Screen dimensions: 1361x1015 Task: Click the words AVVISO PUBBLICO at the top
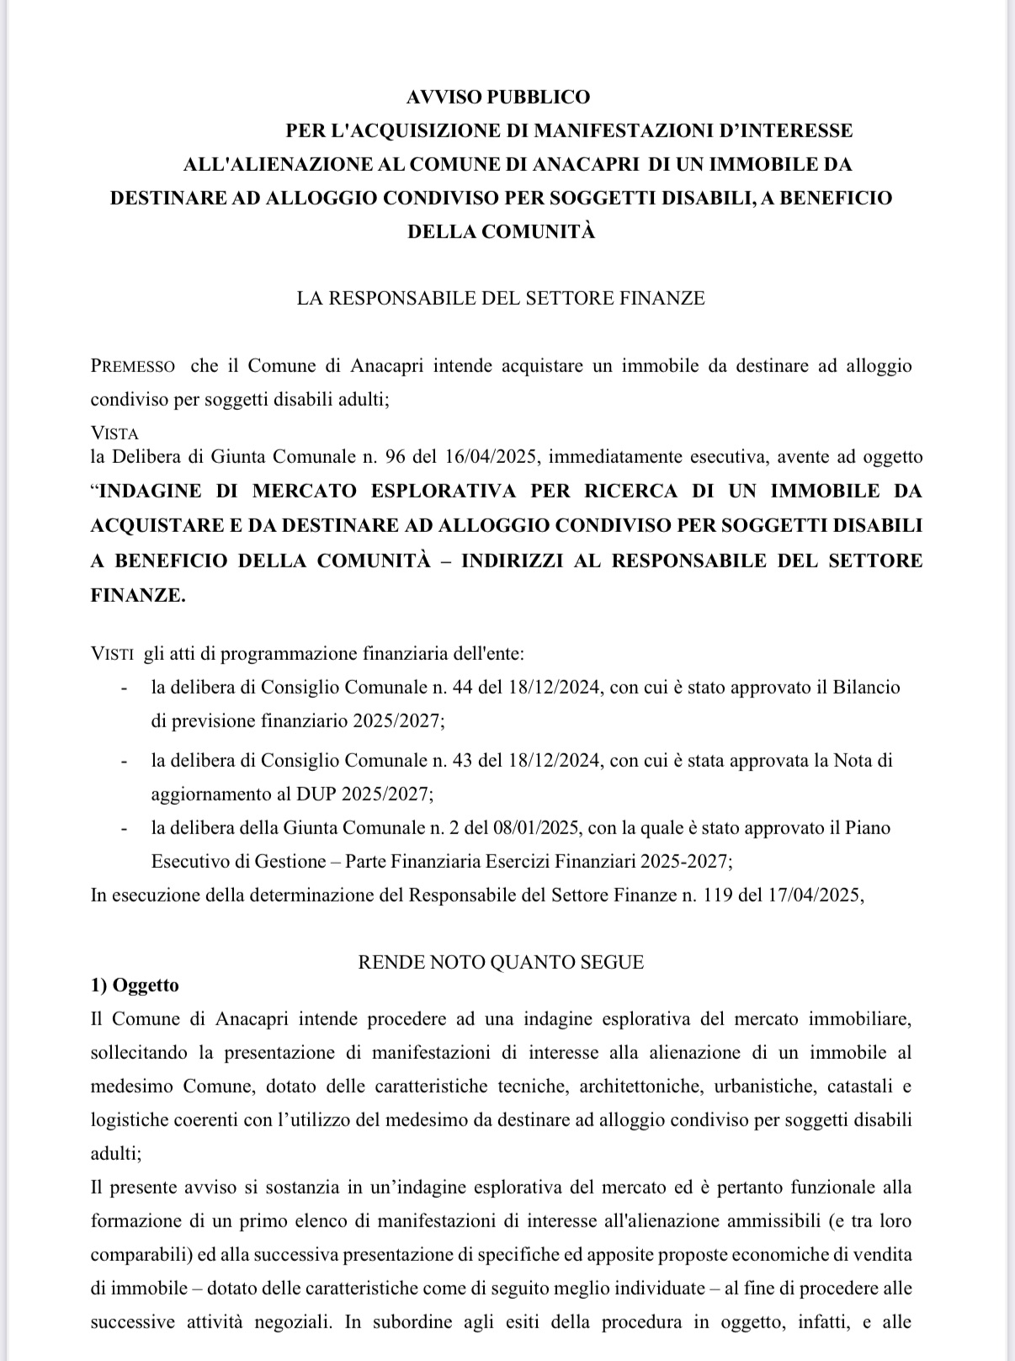(x=498, y=98)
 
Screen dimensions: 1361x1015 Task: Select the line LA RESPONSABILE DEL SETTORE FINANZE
(x=501, y=298)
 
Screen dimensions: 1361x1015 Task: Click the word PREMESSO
(x=133, y=367)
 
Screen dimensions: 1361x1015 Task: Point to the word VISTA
(x=114, y=434)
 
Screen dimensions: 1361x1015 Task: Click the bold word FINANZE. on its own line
(x=138, y=595)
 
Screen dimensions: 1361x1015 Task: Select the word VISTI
(x=111, y=654)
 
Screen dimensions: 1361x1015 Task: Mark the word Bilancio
(x=866, y=688)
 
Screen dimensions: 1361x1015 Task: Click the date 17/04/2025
(x=815, y=895)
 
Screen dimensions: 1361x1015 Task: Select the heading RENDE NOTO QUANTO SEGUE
(x=501, y=963)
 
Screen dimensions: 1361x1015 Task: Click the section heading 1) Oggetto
(x=135, y=986)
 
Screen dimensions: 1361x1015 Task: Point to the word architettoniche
(x=640, y=1087)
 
